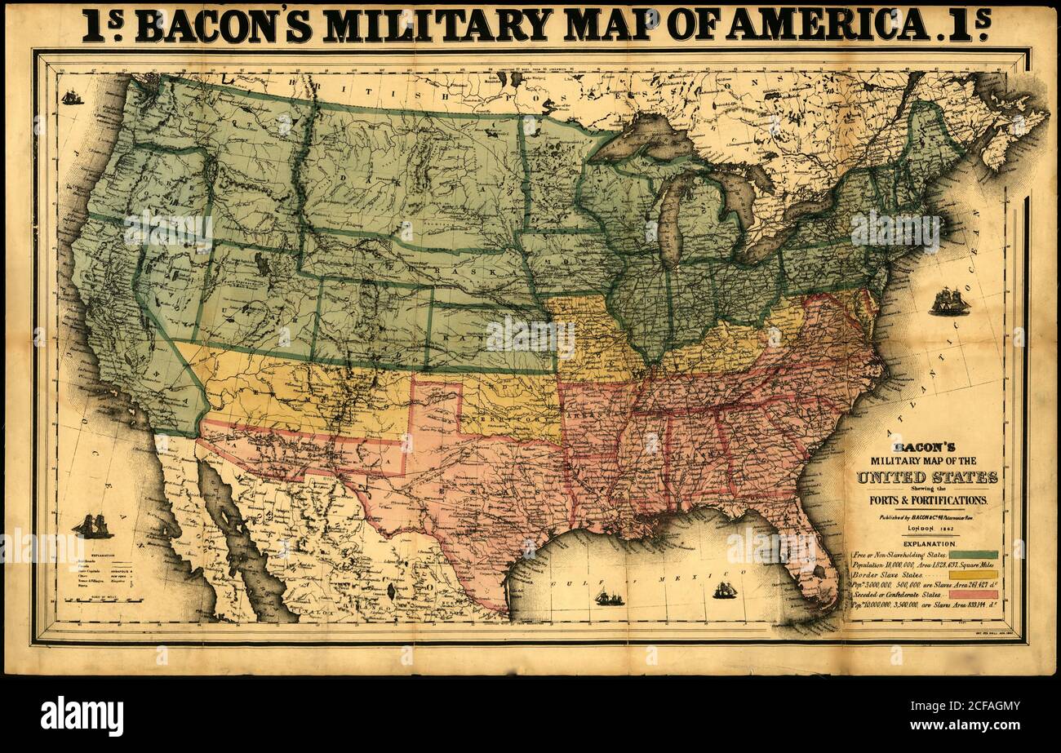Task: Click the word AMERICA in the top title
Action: pos(827,24)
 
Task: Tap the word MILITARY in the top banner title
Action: pos(438,24)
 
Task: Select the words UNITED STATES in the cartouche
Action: pos(926,477)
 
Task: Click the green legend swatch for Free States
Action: pos(973,554)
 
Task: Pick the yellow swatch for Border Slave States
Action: pos(973,574)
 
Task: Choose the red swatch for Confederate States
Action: pos(973,595)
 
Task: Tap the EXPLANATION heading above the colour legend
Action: pos(927,543)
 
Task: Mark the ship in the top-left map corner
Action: pos(72,97)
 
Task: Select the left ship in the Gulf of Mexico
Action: pos(608,598)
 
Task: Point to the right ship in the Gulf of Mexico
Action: pos(724,590)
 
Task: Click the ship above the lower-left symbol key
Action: pos(92,526)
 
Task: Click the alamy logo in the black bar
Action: pos(82,715)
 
